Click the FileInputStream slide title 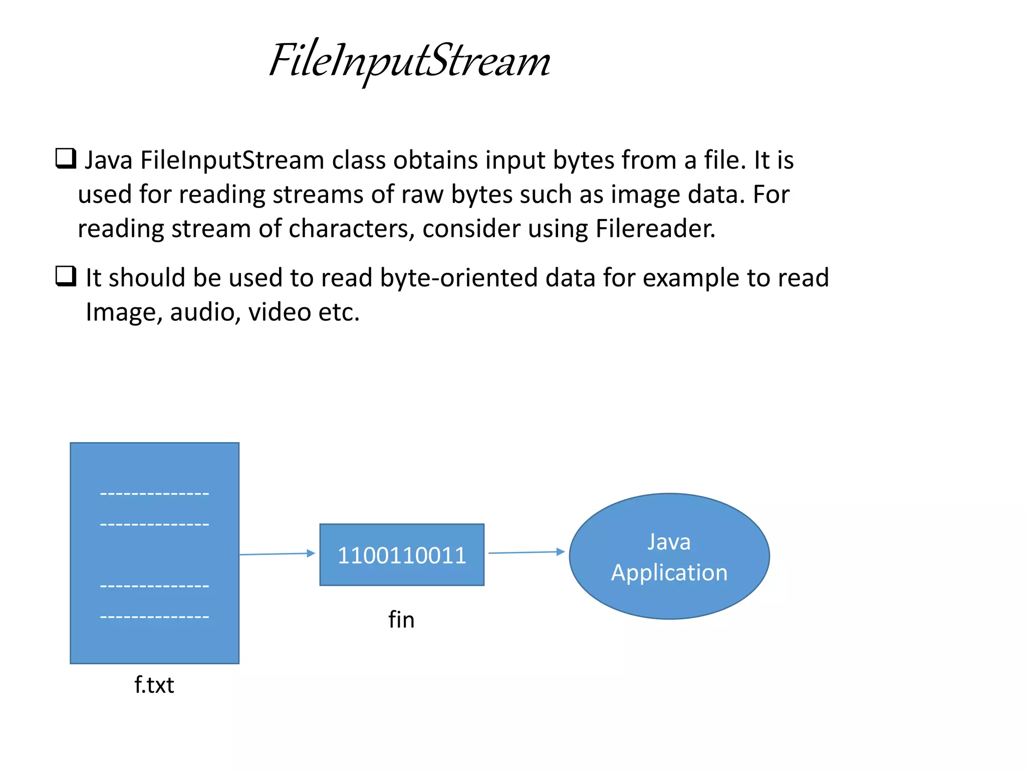tap(409, 62)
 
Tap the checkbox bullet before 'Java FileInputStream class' tap(66, 158)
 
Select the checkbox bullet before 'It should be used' tap(66, 276)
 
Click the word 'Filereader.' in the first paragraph tap(655, 229)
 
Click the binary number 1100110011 tap(402, 555)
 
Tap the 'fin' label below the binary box tap(401, 620)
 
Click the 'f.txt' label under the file tap(154, 685)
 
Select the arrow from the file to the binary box tap(277, 554)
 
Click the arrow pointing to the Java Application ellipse tap(526, 552)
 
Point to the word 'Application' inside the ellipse tap(669, 572)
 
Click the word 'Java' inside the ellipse tap(669, 542)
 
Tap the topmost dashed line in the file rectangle tap(154, 494)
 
